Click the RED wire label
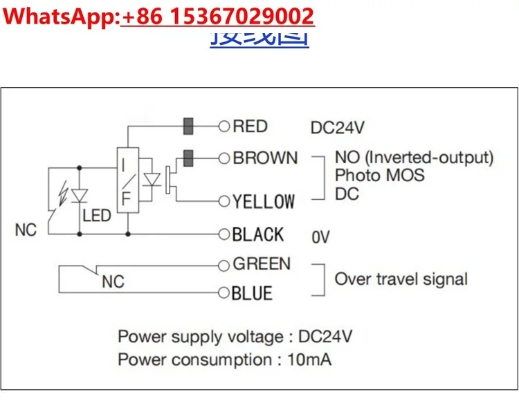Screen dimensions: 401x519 click(x=250, y=126)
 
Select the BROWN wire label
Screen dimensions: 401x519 click(x=265, y=158)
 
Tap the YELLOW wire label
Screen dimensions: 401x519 click(x=263, y=201)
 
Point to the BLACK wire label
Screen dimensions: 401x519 click(x=257, y=234)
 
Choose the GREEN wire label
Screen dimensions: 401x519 click(x=262, y=263)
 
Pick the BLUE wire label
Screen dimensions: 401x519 click(x=252, y=293)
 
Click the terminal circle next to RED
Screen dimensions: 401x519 click(x=224, y=127)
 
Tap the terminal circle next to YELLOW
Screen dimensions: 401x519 click(x=224, y=201)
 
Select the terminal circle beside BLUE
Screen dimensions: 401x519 click(x=224, y=293)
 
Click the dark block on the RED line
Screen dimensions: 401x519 click(x=188, y=127)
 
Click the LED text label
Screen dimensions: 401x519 click(x=96, y=216)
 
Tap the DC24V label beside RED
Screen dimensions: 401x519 click(x=337, y=128)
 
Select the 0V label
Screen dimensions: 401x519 click(x=320, y=237)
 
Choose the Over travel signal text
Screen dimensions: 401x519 click(x=401, y=279)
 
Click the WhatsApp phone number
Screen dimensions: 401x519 click(x=217, y=16)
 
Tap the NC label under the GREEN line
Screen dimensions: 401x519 click(x=113, y=282)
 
